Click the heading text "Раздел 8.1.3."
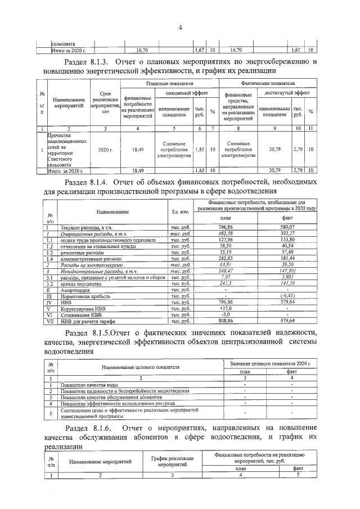tap(89, 61)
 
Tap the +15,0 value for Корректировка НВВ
tap(226, 309)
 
